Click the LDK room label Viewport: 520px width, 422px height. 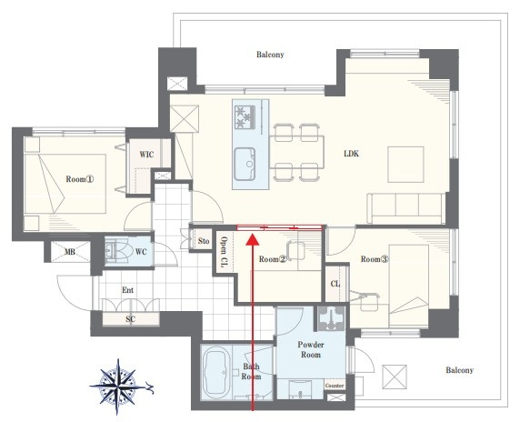351,154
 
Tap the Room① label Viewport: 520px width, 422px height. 80,179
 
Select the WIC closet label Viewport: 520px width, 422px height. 146,155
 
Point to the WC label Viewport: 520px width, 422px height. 141,252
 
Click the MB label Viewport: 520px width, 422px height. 70,252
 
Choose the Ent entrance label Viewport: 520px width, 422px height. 127,290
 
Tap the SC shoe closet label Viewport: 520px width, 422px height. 130,319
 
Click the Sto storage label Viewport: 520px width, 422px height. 204,241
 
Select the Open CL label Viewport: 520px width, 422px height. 225,252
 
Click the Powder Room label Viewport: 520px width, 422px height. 311,349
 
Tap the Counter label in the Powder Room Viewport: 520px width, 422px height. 335,386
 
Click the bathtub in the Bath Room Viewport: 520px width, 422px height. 216,372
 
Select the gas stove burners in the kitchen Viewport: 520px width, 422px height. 245,117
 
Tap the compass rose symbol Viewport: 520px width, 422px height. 119,387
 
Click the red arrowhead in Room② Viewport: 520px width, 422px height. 253,239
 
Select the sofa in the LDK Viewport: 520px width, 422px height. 406,208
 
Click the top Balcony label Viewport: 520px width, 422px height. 270,55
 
